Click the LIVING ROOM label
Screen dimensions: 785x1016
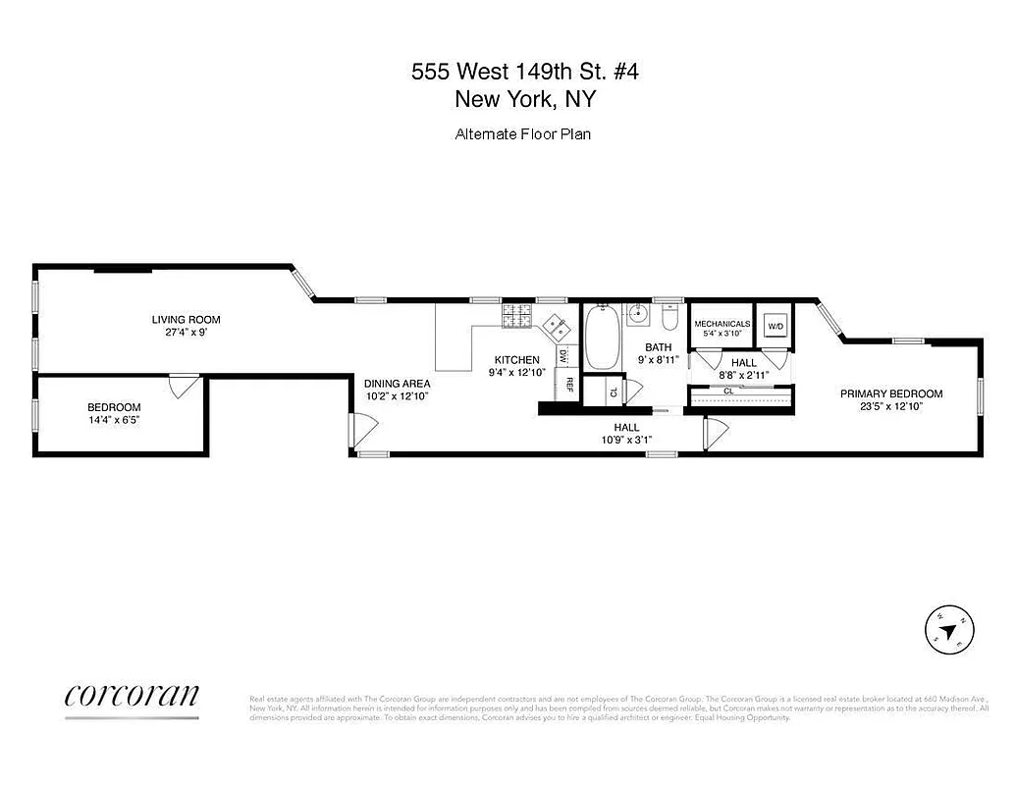[186, 319]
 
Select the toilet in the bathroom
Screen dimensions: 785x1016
[669, 319]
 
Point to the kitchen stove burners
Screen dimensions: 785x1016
[516, 316]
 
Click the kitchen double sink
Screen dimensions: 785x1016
[556, 325]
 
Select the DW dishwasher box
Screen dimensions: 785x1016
[563, 354]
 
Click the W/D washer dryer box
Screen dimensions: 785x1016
[775, 326]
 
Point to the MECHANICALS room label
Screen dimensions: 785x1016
[722, 323]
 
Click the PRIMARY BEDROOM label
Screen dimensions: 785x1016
[891, 393]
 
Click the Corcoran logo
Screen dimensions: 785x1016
[132, 696]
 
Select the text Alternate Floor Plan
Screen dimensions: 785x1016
[522, 134]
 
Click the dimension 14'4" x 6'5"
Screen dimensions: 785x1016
[114, 421]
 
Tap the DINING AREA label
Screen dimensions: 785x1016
[397, 384]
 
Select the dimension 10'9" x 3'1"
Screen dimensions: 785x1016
[626, 440]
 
